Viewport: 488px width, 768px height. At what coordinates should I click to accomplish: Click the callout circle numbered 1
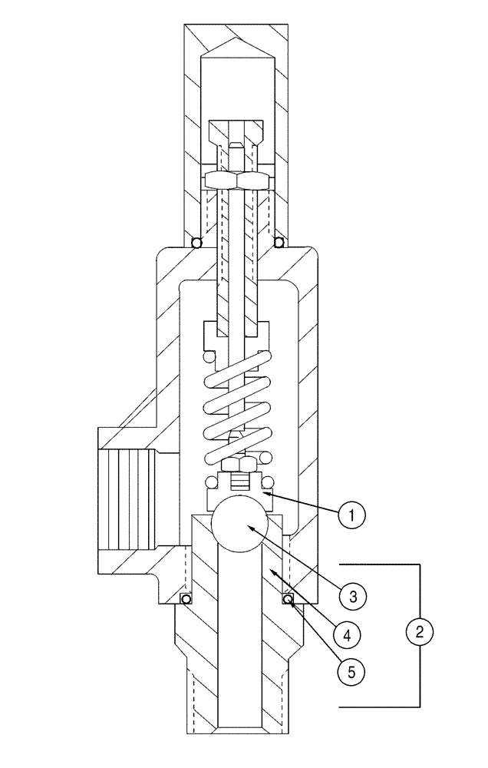point(350,514)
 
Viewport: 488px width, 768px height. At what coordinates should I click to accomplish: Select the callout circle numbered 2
point(419,632)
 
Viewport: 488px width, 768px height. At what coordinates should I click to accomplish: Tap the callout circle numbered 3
point(350,594)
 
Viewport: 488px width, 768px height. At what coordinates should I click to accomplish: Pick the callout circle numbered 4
point(350,634)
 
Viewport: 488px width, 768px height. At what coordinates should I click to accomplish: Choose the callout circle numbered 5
point(350,674)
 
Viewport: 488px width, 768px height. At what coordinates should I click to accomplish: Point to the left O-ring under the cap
point(197,243)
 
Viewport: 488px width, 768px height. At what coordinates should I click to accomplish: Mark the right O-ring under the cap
point(279,243)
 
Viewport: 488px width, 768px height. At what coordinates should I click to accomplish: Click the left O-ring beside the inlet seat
point(185,599)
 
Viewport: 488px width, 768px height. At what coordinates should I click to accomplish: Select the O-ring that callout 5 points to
point(289,599)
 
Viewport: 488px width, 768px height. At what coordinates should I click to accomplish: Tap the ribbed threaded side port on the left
point(126,498)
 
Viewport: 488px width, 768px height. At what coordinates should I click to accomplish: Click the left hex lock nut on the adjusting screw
point(221,180)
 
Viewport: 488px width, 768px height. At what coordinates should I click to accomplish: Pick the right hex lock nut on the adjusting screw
point(254,180)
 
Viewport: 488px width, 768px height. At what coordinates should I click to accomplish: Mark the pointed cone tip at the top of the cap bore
point(238,45)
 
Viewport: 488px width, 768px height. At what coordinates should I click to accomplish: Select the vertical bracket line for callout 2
point(420,584)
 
